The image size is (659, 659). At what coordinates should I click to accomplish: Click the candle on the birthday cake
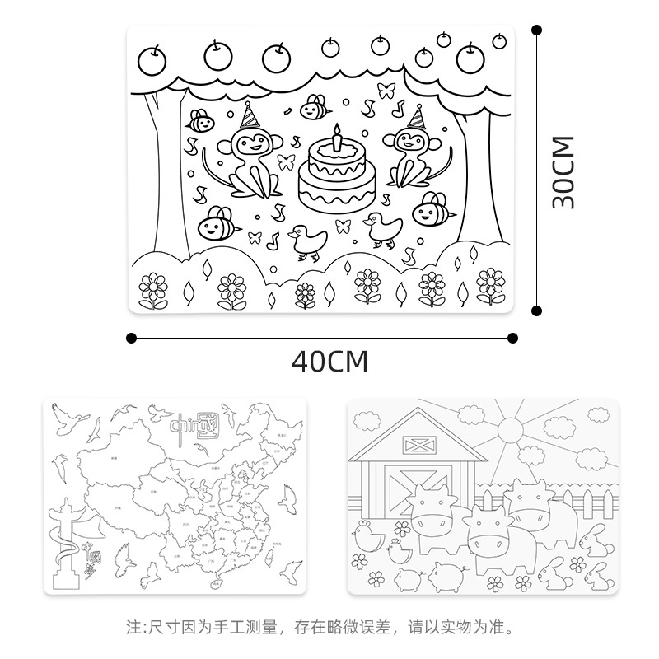click(x=336, y=138)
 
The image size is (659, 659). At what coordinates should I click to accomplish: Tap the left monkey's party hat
click(x=250, y=113)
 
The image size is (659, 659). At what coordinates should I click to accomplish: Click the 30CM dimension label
click(x=563, y=172)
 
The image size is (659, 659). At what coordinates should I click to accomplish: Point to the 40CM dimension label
click(x=329, y=361)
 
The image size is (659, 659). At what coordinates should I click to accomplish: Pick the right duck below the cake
click(x=381, y=229)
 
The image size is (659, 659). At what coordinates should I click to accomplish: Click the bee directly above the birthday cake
click(x=313, y=106)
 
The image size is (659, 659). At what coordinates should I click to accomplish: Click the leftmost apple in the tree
click(x=152, y=58)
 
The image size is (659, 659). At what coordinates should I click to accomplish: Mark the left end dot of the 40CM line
click(x=131, y=337)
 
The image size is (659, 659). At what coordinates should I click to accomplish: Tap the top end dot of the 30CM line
click(x=536, y=30)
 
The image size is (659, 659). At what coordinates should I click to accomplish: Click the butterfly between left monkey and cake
click(x=286, y=160)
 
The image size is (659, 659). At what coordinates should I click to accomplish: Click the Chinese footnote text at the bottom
click(x=329, y=626)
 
